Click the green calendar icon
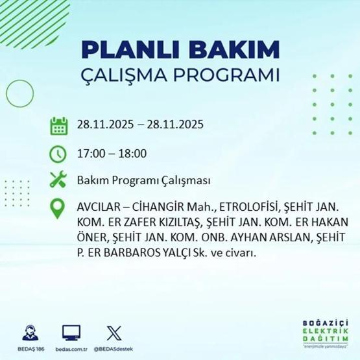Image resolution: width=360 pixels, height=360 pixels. (x=59, y=125)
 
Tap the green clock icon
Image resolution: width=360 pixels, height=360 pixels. (x=59, y=154)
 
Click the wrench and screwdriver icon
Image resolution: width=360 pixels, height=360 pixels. (x=59, y=180)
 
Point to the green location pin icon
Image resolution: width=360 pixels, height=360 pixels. (x=59, y=208)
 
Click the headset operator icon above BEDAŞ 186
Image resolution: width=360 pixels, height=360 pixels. (x=30, y=333)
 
